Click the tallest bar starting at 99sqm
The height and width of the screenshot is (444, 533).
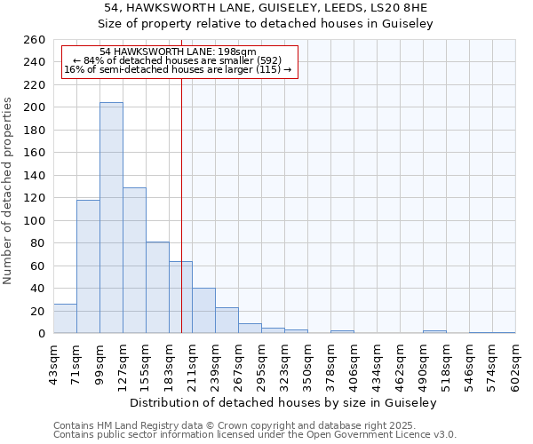111,218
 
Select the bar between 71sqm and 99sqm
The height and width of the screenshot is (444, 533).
88,266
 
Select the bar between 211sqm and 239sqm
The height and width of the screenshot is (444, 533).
203,311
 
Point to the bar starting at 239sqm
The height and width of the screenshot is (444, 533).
227,321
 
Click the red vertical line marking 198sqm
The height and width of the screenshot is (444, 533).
181,178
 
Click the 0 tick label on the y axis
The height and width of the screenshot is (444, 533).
41,334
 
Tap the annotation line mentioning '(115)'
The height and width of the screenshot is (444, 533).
178,69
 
